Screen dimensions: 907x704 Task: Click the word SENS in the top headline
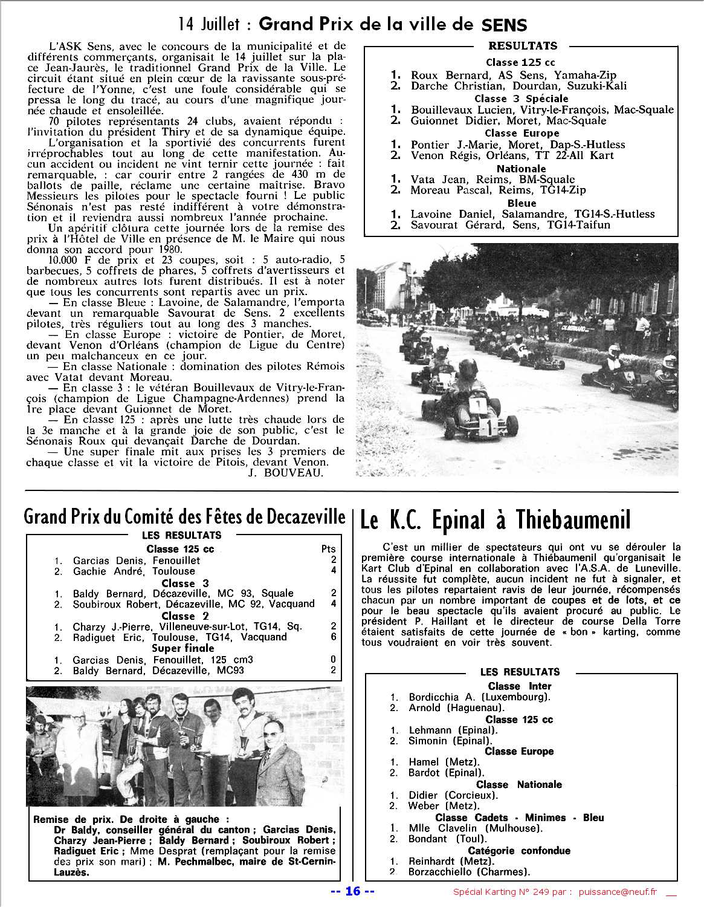(x=505, y=25)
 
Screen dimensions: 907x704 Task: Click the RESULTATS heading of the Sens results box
(x=523, y=46)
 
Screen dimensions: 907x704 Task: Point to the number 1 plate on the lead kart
(x=477, y=404)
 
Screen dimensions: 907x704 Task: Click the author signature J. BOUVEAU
(x=286, y=473)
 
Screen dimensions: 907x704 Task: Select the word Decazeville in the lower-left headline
(x=306, y=517)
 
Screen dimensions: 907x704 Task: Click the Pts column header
(x=329, y=549)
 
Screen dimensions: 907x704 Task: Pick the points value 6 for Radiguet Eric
(x=334, y=637)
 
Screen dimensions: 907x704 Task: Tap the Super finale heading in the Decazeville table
(x=182, y=648)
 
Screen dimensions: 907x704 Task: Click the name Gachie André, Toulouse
(x=134, y=571)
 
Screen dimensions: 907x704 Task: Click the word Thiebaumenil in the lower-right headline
(x=573, y=520)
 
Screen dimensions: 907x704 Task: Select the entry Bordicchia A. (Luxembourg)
(x=479, y=697)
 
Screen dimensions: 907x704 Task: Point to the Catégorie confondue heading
(x=519, y=851)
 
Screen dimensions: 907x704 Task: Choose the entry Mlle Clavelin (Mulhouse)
(x=476, y=828)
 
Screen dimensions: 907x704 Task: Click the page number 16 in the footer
(x=353, y=891)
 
